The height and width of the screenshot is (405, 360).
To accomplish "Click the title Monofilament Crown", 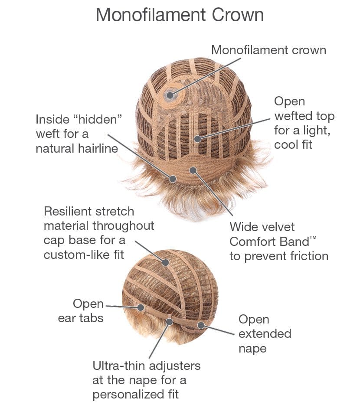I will [x=180, y=15].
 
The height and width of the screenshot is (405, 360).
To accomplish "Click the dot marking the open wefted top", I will [x=198, y=139].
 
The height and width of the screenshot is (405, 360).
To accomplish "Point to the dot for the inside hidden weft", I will [x=173, y=178].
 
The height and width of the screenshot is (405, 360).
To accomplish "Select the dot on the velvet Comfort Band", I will [x=193, y=170].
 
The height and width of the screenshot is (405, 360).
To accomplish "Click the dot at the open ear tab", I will [x=141, y=307].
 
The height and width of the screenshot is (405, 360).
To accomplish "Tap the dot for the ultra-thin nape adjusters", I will [x=169, y=321].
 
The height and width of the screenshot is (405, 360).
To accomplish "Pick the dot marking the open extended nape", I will [x=200, y=324].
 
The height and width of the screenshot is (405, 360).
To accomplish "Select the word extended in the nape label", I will [x=265, y=334].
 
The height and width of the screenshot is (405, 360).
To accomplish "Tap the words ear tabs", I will [x=81, y=318].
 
